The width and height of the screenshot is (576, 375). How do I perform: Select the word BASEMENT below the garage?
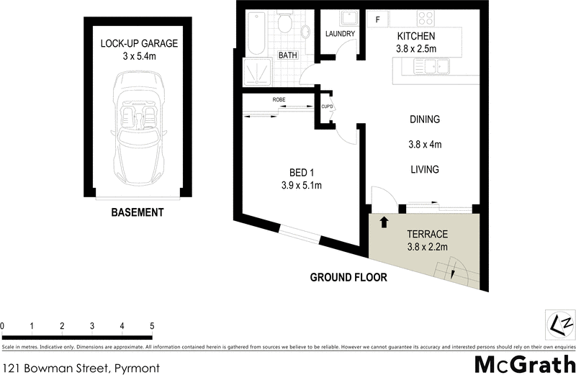tap(137, 212)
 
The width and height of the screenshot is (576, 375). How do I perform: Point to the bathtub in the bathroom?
tap(256, 34)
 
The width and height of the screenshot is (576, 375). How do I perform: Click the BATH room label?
tap(287, 55)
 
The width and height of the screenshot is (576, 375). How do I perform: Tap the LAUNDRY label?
tap(338, 34)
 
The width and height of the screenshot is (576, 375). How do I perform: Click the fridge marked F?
tap(377, 19)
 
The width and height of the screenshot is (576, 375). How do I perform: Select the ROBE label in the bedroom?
tap(279, 99)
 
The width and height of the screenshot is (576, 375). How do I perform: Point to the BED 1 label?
tap(300, 172)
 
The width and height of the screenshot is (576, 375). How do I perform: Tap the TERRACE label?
tap(427, 234)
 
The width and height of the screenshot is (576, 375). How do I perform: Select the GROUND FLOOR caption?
tap(348, 277)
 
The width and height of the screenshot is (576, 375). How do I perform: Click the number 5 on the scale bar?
tap(152, 326)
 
